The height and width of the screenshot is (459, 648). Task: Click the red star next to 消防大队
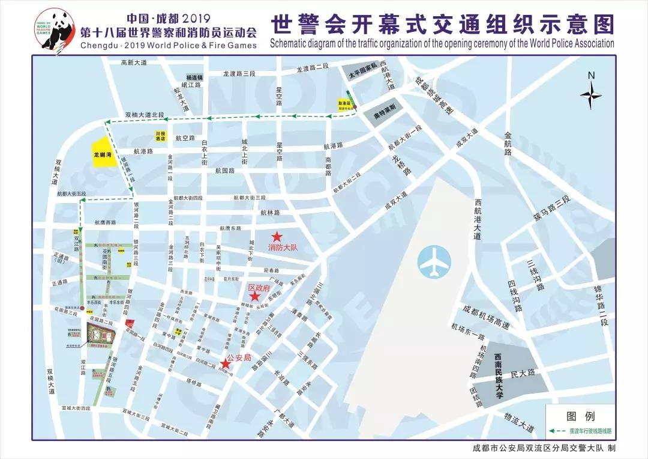pyautogui.click(x=277, y=237)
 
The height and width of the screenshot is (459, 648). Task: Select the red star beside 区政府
pyautogui.click(x=254, y=296)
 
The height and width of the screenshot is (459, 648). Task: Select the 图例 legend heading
pyautogui.click(x=580, y=416)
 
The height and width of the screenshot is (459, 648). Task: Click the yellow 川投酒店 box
pyautogui.click(x=160, y=135)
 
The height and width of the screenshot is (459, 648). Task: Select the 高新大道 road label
pyautogui.click(x=133, y=62)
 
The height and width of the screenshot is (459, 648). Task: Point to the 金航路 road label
pyautogui.click(x=509, y=144)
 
